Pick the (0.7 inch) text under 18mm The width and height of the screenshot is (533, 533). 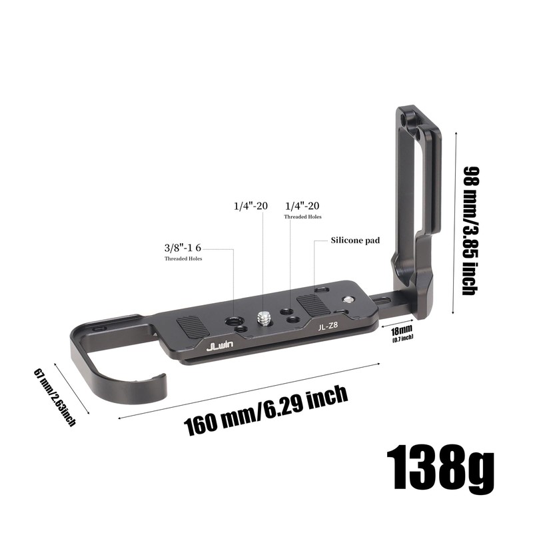(x=402, y=338)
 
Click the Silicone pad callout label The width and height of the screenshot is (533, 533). (x=354, y=240)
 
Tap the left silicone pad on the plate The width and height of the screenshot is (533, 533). (x=193, y=327)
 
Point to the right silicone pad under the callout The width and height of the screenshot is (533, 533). (x=312, y=304)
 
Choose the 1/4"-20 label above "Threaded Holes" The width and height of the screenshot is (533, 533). (x=302, y=207)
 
